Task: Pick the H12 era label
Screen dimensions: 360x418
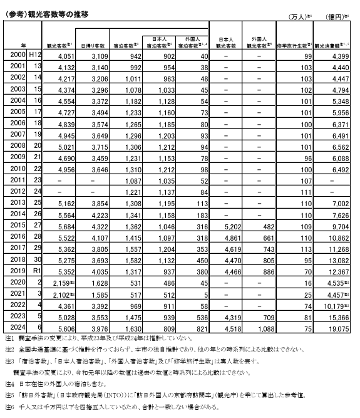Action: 36,56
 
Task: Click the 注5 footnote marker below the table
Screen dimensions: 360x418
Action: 9,395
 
